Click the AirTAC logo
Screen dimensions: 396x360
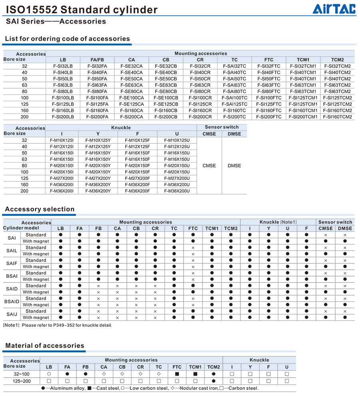coord(334,9)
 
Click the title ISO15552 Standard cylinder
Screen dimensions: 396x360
coord(82,10)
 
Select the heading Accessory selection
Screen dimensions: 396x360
coord(40,209)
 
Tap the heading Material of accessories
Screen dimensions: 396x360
coord(45,346)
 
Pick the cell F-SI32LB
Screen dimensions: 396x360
coord(63,66)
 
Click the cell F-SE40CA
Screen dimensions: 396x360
coord(132,72)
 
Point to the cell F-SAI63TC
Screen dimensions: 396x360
coord(235,85)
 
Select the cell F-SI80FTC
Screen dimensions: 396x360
coord(269,92)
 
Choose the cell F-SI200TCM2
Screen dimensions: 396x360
coord(338,117)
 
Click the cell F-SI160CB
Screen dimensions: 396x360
coord(166,111)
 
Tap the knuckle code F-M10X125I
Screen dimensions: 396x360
coord(62,140)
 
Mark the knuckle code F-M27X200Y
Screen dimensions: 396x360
coord(98,178)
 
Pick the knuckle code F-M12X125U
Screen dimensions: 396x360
coord(177,147)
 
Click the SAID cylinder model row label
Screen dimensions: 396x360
coord(12,289)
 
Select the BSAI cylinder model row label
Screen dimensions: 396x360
coord(12,276)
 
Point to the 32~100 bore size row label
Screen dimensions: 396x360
coord(22,374)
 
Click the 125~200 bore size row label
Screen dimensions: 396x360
coord(22,381)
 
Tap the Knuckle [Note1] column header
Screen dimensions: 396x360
coord(278,222)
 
